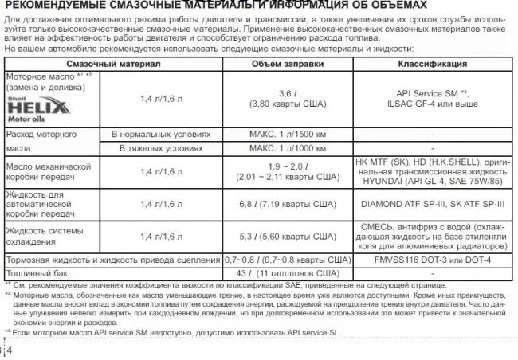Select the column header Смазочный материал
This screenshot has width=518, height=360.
(114, 63)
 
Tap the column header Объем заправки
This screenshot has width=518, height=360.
(285, 63)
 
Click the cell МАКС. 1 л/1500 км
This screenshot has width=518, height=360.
(286, 135)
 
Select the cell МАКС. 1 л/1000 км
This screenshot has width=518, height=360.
(286, 148)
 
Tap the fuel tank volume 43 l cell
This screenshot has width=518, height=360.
(286, 273)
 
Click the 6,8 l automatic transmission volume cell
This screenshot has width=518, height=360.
(286, 203)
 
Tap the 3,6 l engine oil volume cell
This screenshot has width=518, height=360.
(286, 99)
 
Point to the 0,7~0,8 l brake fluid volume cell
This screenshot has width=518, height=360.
(286, 260)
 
